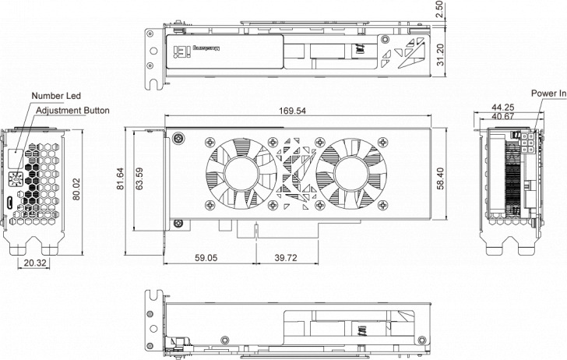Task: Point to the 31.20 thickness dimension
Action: tap(440, 55)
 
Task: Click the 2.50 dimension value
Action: tap(440, 9)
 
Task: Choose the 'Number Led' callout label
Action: tap(56, 96)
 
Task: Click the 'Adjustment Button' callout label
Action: tap(70, 110)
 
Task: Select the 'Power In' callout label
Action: tap(548, 94)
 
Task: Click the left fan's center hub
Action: tap(238, 173)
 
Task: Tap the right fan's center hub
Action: tap(354, 173)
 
